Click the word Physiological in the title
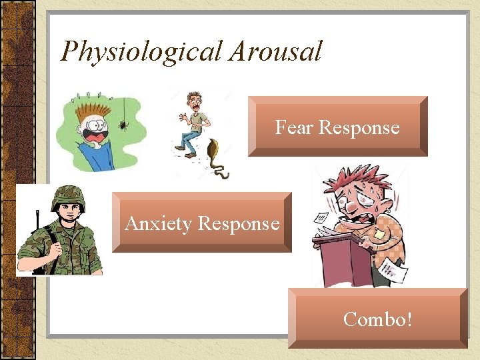pyautogui.click(x=141, y=51)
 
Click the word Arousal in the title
pyautogui.click(x=275, y=51)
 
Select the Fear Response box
pyautogui.click(x=337, y=127)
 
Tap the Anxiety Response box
pyautogui.click(x=202, y=223)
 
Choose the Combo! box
pyautogui.click(x=377, y=319)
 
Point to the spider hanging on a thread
pyautogui.click(x=124, y=123)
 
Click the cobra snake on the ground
pyautogui.click(x=217, y=157)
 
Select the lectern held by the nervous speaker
pyautogui.click(x=343, y=257)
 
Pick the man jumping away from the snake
pyautogui.click(x=192, y=123)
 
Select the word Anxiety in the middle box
pyautogui.click(x=158, y=223)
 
